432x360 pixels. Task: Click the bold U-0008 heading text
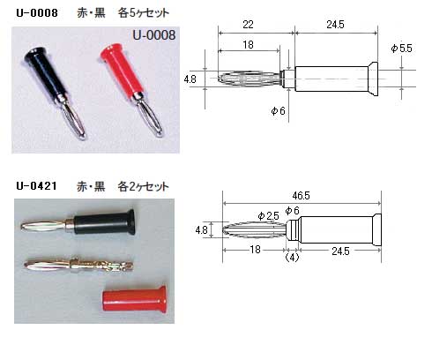pyautogui.click(x=37, y=13)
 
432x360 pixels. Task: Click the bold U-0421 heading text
pyautogui.click(x=36, y=186)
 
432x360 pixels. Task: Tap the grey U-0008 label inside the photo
pyautogui.click(x=154, y=35)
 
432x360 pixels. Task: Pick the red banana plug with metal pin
pyautogui.click(x=130, y=89)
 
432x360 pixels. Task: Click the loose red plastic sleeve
pyautogui.click(x=134, y=298)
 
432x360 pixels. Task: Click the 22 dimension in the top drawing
pyautogui.click(x=248, y=25)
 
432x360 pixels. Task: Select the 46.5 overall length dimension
pyautogui.click(x=301, y=196)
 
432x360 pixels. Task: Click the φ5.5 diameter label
pyautogui.click(x=401, y=49)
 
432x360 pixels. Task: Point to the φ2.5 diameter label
pyautogui.click(x=268, y=216)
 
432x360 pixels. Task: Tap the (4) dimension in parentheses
pyautogui.click(x=293, y=258)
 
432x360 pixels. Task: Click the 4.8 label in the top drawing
pyautogui.click(x=190, y=79)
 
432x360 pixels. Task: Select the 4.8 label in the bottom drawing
pyautogui.click(x=202, y=229)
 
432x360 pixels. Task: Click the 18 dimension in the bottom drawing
pyautogui.click(x=255, y=250)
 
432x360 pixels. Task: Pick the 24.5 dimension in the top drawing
pyautogui.click(x=335, y=25)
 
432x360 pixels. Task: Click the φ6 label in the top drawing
pyautogui.click(x=278, y=111)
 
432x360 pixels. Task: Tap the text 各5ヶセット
pyautogui.click(x=144, y=13)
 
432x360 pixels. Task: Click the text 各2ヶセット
pyautogui.click(x=144, y=186)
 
